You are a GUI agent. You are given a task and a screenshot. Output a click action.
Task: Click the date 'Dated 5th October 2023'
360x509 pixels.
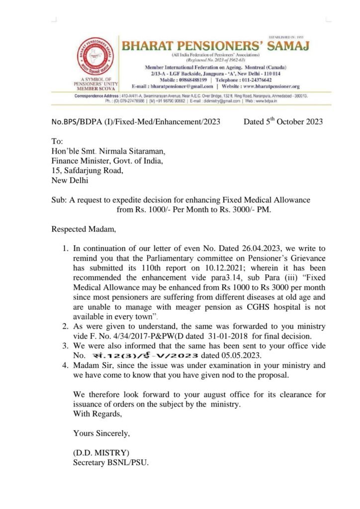click(x=283, y=121)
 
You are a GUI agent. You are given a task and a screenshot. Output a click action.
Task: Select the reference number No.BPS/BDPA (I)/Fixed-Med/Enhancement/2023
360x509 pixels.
click(x=136, y=122)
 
